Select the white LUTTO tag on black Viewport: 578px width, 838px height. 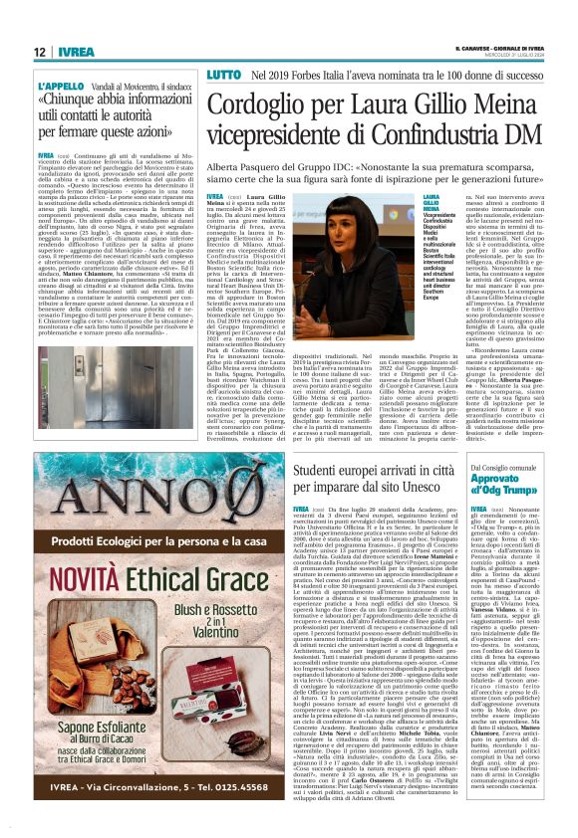(x=224, y=75)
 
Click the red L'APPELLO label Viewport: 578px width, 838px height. (x=60, y=88)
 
